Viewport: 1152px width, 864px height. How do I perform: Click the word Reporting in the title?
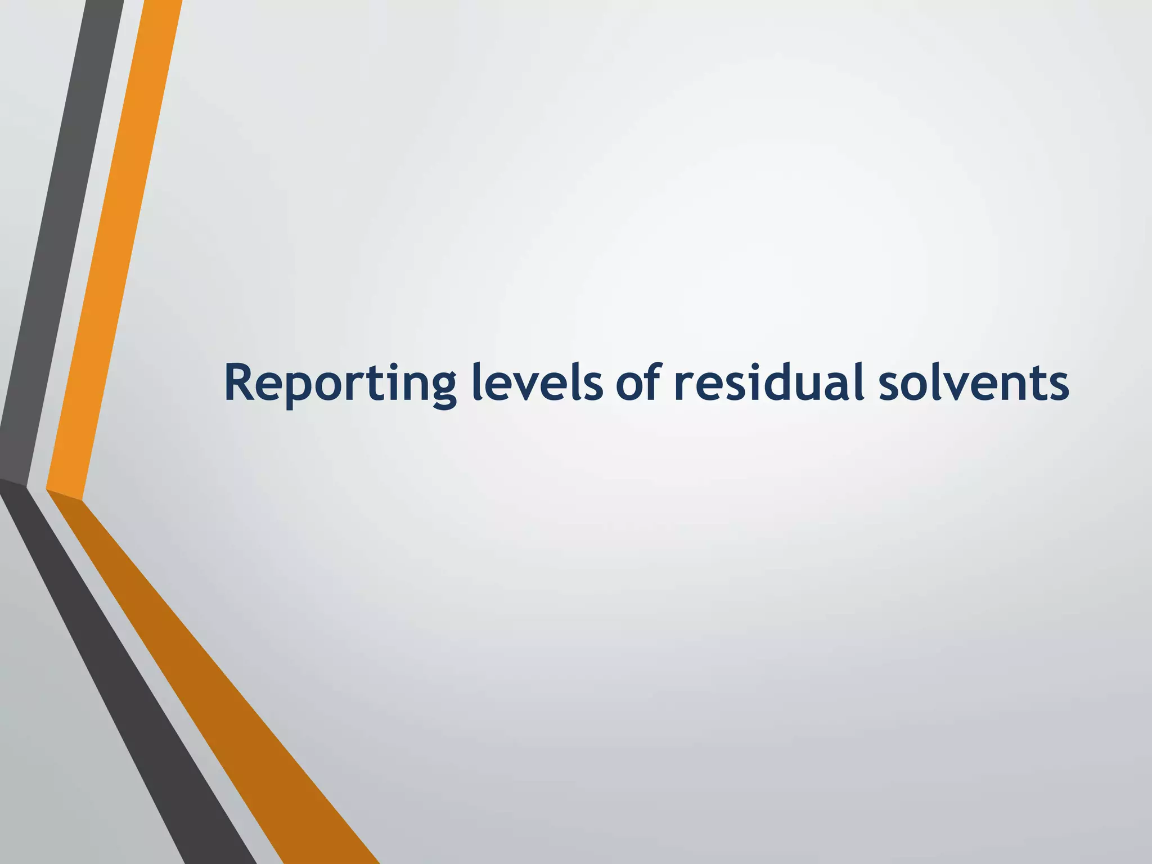[340, 384]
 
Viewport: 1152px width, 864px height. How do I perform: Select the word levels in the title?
[537, 384]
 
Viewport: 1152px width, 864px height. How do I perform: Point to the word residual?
[770, 384]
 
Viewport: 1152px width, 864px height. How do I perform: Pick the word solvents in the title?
[974, 384]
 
